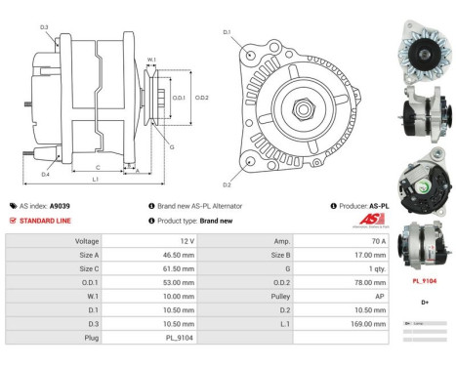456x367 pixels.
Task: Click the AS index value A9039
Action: click(60, 206)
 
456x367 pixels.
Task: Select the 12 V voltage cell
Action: click(187, 240)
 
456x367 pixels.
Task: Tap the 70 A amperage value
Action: click(378, 240)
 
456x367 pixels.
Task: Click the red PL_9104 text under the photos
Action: click(425, 280)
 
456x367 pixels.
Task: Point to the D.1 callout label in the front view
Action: click(227, 33)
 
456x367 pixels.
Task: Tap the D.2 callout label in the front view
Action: click(227, 184)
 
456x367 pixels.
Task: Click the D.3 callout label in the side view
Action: click(44, 26)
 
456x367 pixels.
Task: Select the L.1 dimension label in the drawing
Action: click(95, 180)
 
